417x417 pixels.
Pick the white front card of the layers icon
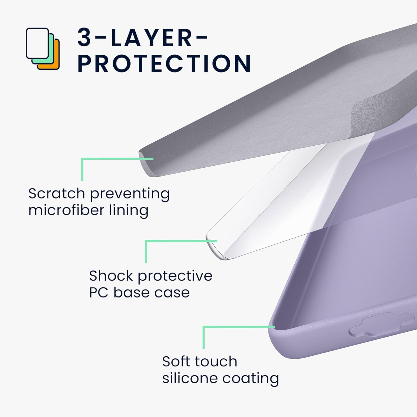(x=37, y=43)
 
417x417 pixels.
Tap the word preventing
(x=130, y=194)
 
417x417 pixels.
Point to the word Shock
(x=111, y=276)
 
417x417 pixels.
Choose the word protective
(x=175, y=276)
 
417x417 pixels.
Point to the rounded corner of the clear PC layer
(x=214, y=247)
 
